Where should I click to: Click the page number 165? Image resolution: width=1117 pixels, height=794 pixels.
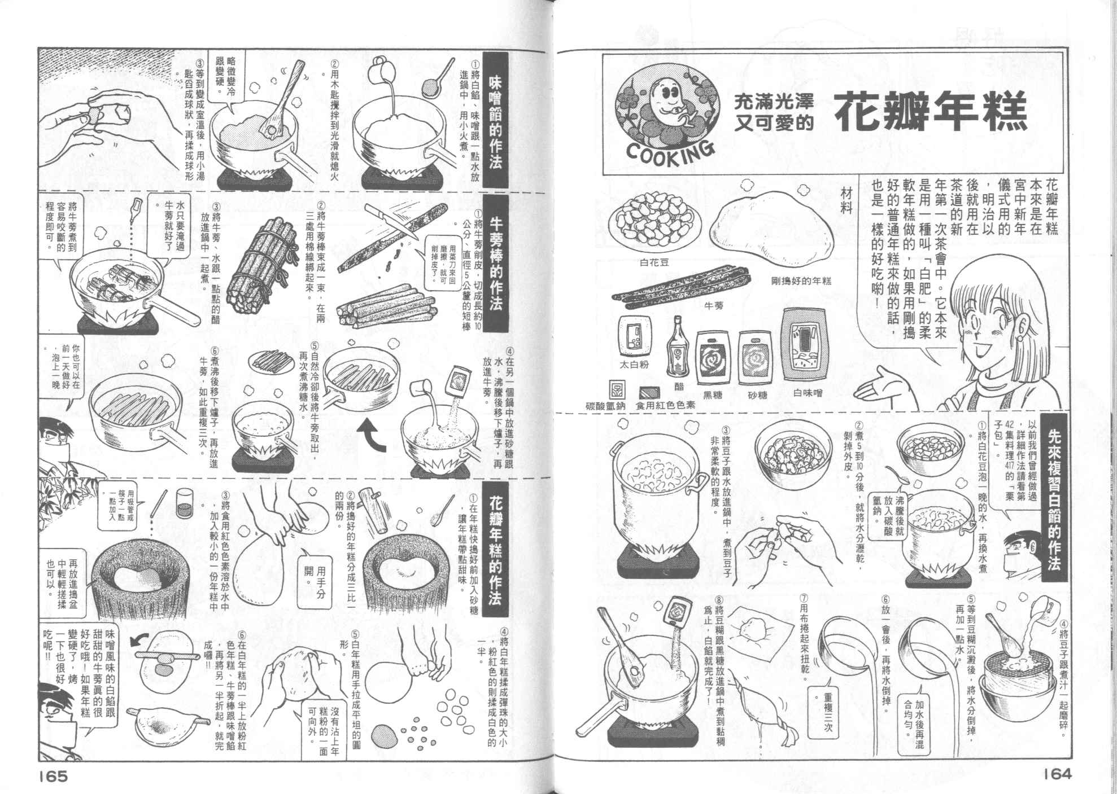[x=54, y=776]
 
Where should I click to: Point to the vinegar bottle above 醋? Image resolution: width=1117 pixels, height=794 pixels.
[x=678, y=346]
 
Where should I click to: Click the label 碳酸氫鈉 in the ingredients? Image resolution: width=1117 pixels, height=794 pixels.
[x=606, y=406]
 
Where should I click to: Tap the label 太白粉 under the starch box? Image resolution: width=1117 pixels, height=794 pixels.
[x=634, y=364]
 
